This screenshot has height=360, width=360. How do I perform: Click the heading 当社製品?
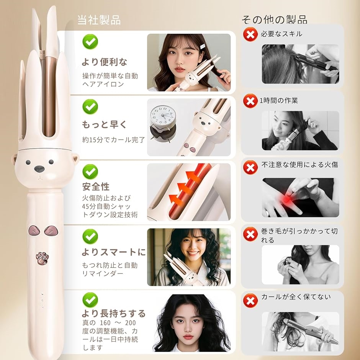[x=99, y=20]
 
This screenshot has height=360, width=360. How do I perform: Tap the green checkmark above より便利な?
[x=90, y=41]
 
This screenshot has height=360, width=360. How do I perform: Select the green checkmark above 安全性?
[x=90, y=171]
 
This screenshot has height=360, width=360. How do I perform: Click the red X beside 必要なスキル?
[x=250, y=35]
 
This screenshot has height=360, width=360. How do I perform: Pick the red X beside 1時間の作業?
[x=250, y=101]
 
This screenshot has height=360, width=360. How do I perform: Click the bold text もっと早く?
[x=104, y=125]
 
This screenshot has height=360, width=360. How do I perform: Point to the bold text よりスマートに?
[x=114, y=252]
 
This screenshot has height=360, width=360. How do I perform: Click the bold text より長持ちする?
[x=114, y=314]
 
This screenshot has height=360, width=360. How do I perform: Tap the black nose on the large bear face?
[x=39, y=168]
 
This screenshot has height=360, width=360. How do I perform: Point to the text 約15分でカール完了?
[x=114, y=140]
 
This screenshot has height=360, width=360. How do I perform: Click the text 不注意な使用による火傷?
[x=300, y=165]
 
